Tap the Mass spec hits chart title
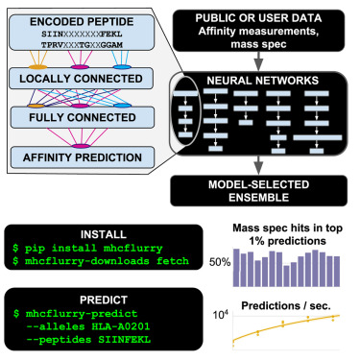tap(288, 234)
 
